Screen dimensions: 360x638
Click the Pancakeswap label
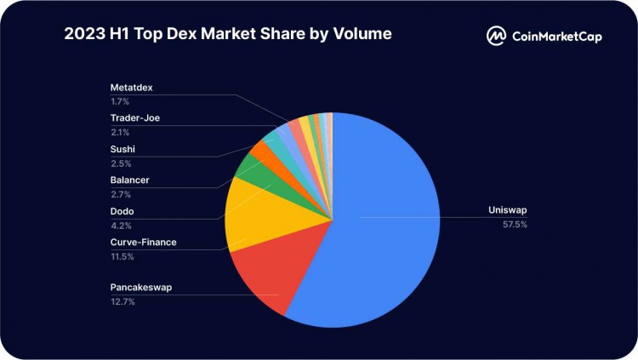(x=141, y=288)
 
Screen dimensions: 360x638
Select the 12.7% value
(x=122, y=301)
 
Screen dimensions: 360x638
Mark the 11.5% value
(x=122, y=256)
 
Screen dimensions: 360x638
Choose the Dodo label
(x=122, y=211)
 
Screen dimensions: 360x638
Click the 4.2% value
(x=120, y=226)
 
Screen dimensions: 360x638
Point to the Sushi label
(x=123, y=150)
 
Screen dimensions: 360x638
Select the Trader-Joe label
(x=134, y=118)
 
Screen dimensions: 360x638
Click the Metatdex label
(x=133, y=88)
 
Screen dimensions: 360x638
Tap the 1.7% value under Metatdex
(x=120, y=101)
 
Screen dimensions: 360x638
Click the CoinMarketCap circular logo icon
(x=497, y=36)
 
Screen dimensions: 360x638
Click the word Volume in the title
(x=361, y=35)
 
